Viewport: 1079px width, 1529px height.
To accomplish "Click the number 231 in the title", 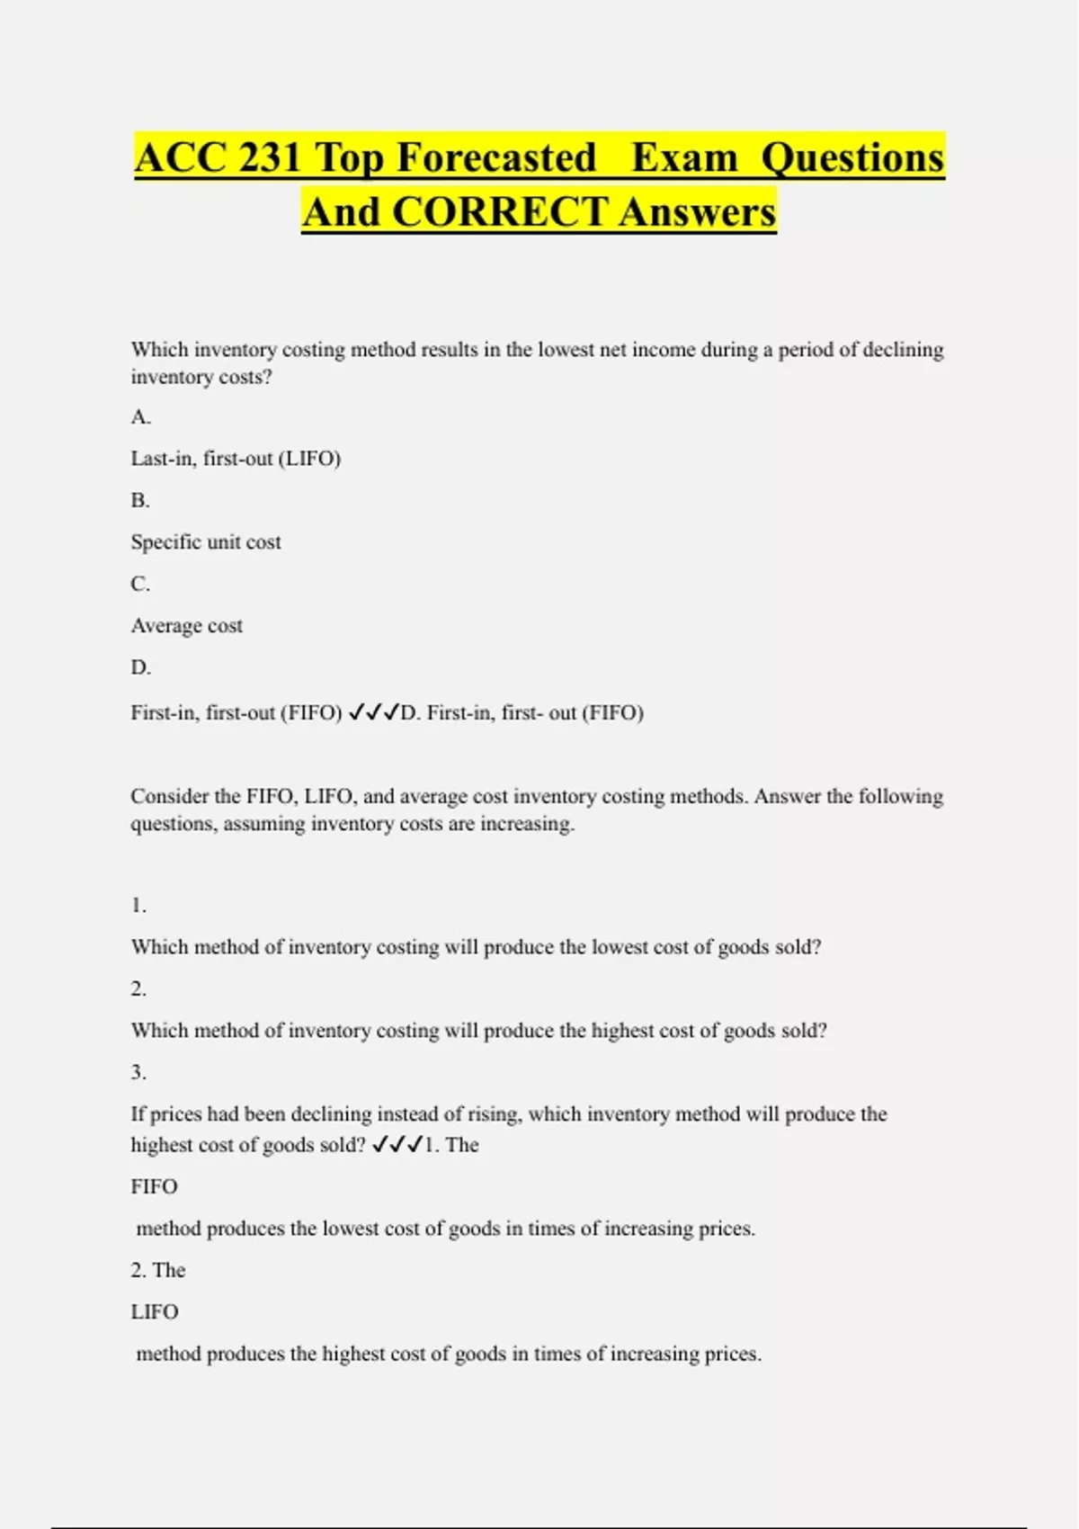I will pyautogui.click(x=270, y=158).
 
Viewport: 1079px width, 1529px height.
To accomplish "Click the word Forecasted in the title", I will pyautogui.click(x=496, y=158).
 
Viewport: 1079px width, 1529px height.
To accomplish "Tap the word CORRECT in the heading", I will pyautogui.click(x=499, y=213).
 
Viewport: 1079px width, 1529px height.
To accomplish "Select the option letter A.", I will pyautogui.click(x=140, y=417).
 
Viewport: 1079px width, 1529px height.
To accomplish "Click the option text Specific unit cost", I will pyautogui.click(x=206, y=542).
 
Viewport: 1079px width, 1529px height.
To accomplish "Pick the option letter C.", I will pyautogui.click(x=140, y=585).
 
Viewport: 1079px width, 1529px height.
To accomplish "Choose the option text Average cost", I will pyautogui.click(x=187, y=626).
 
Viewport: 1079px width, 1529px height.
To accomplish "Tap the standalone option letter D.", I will pyautogui.click(x=140, y=668).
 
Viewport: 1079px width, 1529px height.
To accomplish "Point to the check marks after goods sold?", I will pyautogui.click(x=397, y=1145).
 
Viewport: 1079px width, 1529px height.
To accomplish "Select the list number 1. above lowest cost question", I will pyautogui.click(x=138, y=906).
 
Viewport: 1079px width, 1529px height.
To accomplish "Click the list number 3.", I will pyautogui.click(x=138, y=1073).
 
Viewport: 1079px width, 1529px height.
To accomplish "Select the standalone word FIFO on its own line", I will pyautogui.click(x=155, y=1187).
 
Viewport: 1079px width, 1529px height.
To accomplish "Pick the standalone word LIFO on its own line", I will pyautogui.click(x=155, y=1312).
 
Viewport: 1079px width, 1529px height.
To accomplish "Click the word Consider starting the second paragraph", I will pyautogui.click(x=170, y=797).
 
